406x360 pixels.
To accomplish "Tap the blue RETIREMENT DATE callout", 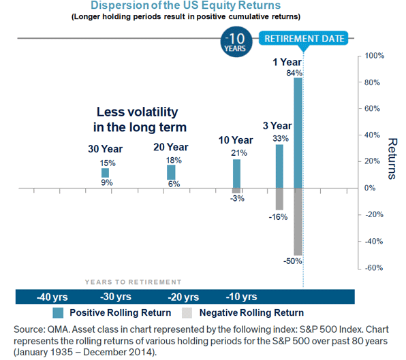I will coord(304,38).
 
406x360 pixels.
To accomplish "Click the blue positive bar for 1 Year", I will coord(298,133).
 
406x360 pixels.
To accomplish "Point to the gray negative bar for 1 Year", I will coord(298,221).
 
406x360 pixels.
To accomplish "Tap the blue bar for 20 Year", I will coord(171,172).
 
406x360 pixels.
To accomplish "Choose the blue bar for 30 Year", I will coord(106,173).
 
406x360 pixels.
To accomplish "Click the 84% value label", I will coord(294,73).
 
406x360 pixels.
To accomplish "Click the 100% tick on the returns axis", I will coord(376,56).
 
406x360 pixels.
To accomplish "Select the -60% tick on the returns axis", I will coord(376,267).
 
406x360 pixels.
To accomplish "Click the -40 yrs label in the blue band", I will coord(52,297).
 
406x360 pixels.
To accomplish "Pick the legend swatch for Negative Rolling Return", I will coord(187,313).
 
